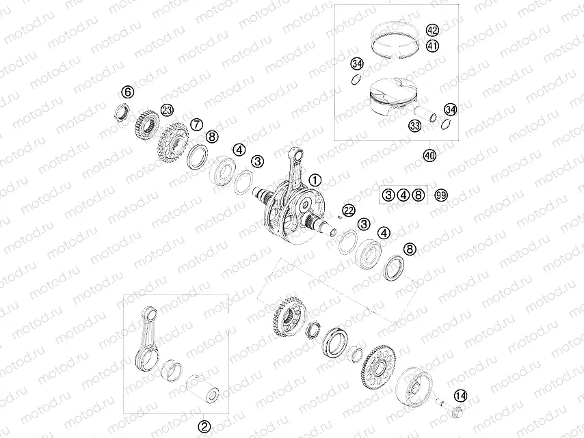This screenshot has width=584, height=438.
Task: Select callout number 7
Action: (196, 124)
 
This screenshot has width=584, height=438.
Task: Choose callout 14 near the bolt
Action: (461, 395)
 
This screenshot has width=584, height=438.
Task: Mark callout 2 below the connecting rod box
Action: (203, 426)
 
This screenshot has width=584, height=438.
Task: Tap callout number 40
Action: (429, 155)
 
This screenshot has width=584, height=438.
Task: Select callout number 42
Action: (432, 31)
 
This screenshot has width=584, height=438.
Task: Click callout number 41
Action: (432, 46)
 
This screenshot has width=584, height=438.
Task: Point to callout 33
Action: (414, 126)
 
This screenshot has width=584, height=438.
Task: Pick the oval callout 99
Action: (441, 195)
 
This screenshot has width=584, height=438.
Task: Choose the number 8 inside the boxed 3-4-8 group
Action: (419, 195)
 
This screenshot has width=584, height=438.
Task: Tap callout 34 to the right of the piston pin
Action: (449, 110)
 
